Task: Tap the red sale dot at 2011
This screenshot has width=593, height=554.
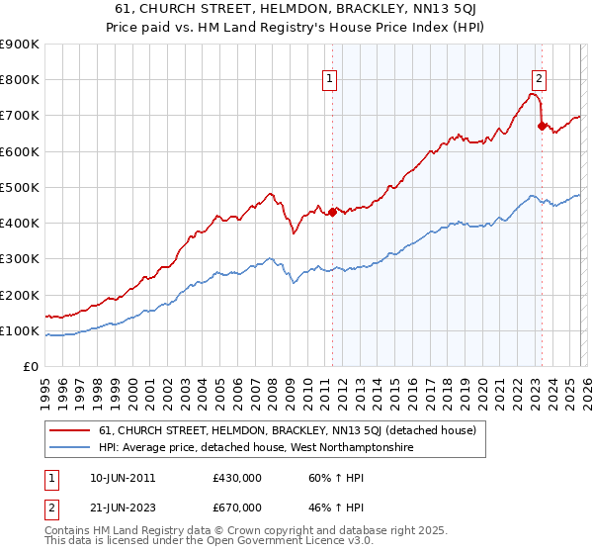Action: (332, 211)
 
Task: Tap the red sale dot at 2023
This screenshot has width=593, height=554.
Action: (542, 126)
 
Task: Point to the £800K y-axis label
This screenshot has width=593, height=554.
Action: (19, 80)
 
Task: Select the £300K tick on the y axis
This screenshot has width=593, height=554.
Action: (19, 259)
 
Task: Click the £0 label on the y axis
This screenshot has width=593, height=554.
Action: (29, 367)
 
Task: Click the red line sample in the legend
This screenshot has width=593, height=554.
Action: (70, 430)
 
